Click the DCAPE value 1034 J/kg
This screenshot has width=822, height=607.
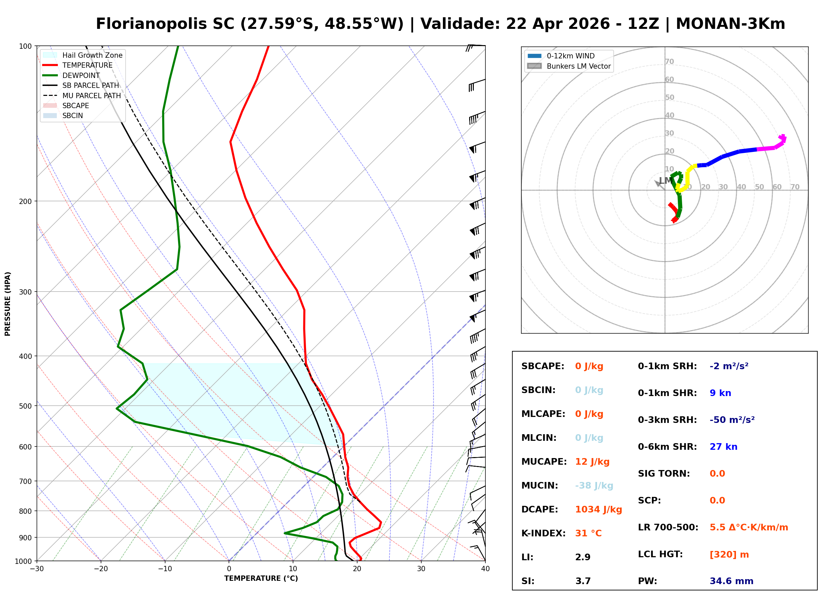click(x=598, y=509)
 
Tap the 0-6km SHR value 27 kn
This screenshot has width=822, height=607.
click(x=723, y=447)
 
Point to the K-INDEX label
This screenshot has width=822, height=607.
click(x=543, y=533)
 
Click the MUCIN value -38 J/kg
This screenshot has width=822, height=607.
click(x=594, y=486)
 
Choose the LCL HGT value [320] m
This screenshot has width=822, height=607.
click(x=729, y=555)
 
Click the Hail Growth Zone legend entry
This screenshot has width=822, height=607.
click(x=92, y=55)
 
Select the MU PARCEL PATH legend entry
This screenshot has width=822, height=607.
click(x=91, y=96)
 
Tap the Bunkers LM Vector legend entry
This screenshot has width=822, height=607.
click(x=578, y=66)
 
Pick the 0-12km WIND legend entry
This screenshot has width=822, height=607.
click(x=570, y=56)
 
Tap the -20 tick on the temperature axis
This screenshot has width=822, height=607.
click(x=101, y=569)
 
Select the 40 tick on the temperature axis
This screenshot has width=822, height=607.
click(x=485, y=569)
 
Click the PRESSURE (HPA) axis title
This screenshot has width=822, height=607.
click(x=8, y=303)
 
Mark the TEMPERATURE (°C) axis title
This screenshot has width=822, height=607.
click(x=261, y=578)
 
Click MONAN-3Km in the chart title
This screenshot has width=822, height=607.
click(x=730, y=24)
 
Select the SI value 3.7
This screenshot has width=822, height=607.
click(x=583, y=581)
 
